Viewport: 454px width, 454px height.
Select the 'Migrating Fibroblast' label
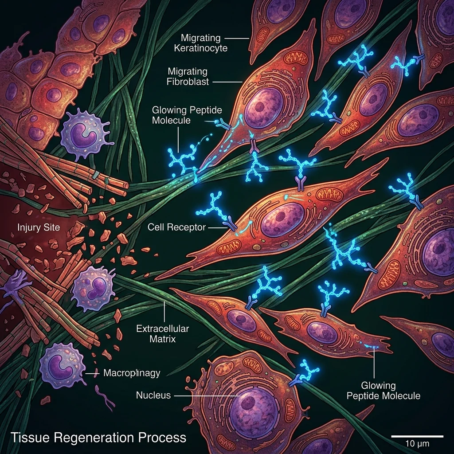tap(188, 76)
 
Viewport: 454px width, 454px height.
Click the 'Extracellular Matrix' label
tap(162, 334)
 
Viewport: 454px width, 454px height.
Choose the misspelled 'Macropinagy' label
tap(131, 373)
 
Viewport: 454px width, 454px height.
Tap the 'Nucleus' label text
tap(153, 395)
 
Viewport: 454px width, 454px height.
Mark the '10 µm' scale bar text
tap(416, 443)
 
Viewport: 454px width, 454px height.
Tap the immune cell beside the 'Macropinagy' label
tap(62, 364)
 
